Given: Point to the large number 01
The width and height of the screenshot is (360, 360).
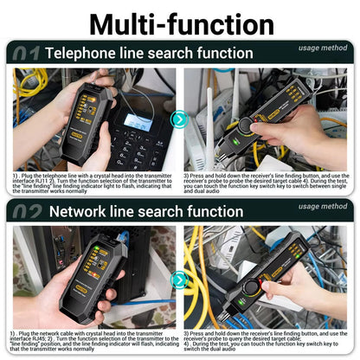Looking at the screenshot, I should (24, 53).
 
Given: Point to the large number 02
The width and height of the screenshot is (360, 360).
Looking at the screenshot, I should (24, 211).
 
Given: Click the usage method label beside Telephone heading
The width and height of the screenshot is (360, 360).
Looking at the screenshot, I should (322, 48).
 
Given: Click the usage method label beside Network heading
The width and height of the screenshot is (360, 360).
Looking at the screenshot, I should (322, 207).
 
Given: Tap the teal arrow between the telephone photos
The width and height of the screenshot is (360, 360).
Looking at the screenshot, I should (179, 119).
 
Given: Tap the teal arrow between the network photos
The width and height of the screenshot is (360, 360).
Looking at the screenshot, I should (179, 279).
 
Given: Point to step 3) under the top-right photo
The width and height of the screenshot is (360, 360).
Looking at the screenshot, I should (187, 175).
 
